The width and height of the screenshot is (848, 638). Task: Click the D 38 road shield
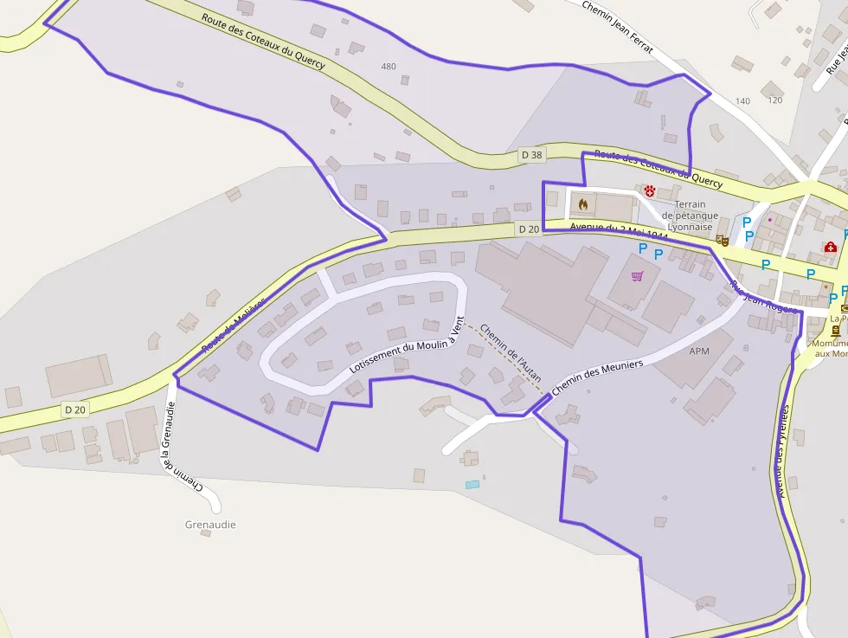point(531,155)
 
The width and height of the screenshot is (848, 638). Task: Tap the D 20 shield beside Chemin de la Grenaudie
point(74,409)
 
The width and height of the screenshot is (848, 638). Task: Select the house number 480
point(389,67)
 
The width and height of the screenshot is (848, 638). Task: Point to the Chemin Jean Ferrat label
point(617,26)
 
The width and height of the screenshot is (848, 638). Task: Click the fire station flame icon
point(582,204)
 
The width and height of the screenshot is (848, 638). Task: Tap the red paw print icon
point(649,190)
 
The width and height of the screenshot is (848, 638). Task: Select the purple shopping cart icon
point(638,276)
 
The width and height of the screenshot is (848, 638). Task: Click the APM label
point(699,352)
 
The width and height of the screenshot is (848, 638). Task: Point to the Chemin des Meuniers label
point(597,378)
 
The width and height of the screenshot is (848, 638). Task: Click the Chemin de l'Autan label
point(511,354)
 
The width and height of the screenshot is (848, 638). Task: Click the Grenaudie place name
point(210,525)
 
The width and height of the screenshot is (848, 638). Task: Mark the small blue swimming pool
point(472,484)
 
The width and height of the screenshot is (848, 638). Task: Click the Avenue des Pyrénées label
point(784,450)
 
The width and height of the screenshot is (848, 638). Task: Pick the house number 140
point(742,101)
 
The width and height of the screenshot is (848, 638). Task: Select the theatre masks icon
point(723,240)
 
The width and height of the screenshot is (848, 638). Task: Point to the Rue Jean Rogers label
point(761,297)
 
